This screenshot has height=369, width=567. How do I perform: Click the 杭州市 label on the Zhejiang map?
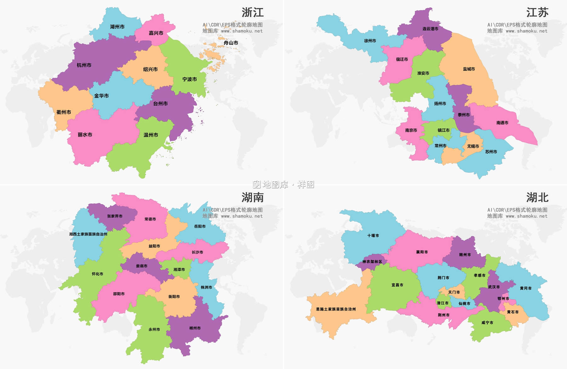[84, 65]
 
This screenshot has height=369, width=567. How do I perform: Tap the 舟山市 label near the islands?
[231, 43]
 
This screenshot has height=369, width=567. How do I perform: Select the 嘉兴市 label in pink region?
[156, 33]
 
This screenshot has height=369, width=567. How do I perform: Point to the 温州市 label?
[151, 135]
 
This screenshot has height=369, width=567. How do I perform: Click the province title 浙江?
[253, 13]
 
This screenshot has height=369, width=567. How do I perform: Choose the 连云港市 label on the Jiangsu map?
[430, 29]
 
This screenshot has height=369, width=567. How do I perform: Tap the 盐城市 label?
[469, 69]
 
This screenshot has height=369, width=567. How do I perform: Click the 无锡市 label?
[473, 146]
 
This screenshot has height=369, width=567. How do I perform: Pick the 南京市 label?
[411, 130]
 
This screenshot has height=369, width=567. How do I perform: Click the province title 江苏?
[537, 13]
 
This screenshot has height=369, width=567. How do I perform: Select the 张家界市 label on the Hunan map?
[115, 216]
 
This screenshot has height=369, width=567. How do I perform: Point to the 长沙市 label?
[197, 252]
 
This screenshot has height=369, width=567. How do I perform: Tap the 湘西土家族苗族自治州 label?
[88, 234]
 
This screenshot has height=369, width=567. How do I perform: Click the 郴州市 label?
[195, 328]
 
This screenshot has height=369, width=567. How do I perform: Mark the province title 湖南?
[253, 198]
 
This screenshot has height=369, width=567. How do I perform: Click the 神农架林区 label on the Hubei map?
[372, 262]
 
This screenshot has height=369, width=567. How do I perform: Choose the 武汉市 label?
[494, 287]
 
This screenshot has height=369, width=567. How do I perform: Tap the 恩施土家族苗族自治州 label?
[336, 309]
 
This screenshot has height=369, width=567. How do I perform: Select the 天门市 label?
[454, 292]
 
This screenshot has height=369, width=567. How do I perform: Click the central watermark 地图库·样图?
[283, 184]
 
